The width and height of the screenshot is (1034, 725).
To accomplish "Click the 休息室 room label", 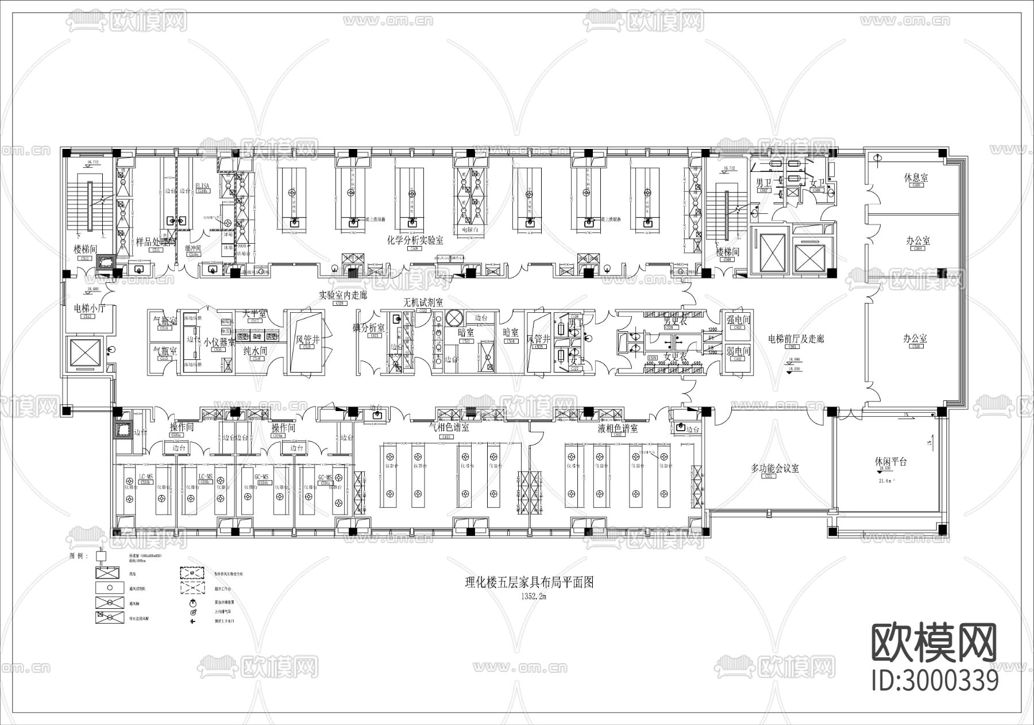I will (x=916, y=178).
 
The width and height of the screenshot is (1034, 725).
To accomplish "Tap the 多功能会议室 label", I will (x=775, y=469).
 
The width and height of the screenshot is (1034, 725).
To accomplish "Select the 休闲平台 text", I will (x=890, y=462).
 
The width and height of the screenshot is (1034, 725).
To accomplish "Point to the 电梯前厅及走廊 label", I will (x=796, y=339).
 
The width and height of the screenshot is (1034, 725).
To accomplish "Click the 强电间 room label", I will (x=738, y=320).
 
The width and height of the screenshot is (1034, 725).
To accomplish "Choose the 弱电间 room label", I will (x=738, y=351).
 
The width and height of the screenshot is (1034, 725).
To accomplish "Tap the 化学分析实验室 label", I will (x=415, y=241).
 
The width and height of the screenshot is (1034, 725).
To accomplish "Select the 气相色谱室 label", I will (x=449, y=428).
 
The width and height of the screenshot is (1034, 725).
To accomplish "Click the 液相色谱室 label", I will (x=618, y=428).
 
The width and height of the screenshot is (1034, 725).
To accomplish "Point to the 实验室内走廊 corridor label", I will (x=342, y=296).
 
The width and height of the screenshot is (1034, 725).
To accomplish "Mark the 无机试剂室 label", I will (x=423, y=302).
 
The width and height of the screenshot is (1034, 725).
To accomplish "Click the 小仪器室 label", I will (x=219, y=342).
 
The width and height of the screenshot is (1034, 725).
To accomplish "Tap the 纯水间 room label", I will (x=255, y=350).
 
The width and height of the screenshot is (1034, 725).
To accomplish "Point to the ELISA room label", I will (x=202, y=186).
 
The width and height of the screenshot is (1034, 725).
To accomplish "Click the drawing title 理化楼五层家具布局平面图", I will (x=528, y=583).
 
